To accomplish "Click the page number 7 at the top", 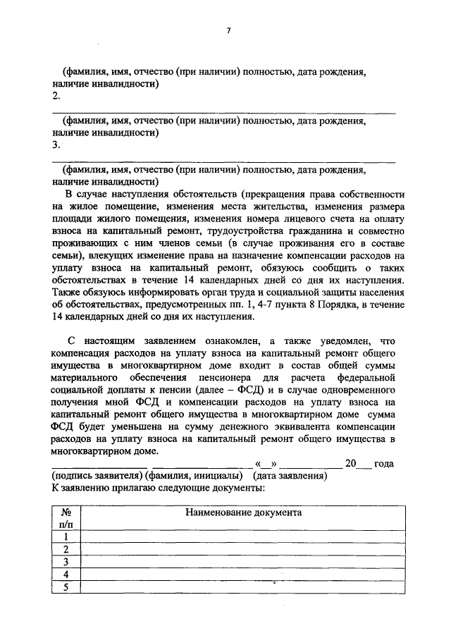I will [228, 31].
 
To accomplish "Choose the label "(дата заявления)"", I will [291, 476].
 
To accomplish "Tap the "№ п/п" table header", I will [66, 518].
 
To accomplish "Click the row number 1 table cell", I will [66, 537].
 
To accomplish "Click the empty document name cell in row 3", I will [244, 562].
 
